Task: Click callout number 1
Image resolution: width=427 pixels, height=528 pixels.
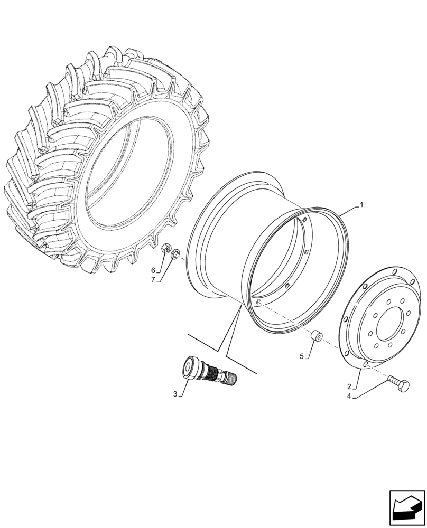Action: coord(361,204)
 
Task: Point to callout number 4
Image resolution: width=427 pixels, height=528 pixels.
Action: coord(349,396)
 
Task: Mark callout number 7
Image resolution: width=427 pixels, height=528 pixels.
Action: coord(153,279)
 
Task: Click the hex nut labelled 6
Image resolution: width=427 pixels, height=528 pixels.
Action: coord(164,248)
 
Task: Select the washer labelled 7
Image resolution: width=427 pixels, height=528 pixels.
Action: coord(176,254)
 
